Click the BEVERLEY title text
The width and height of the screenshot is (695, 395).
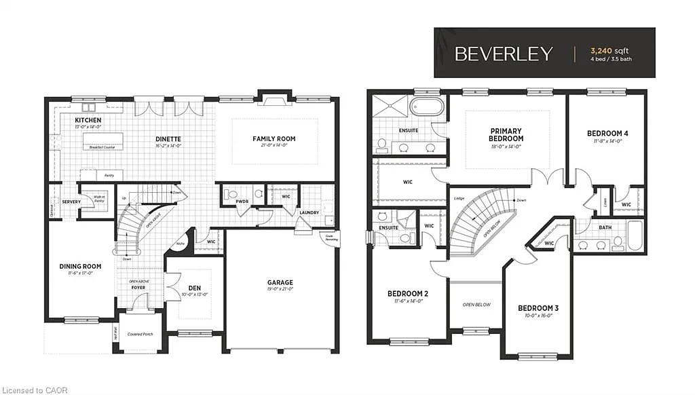pyautogui.click(x=504, y=54)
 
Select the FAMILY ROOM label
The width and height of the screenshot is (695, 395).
pyautogui.click(x=274, y=139)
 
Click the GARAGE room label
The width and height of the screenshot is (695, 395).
pyautogui.click(x=280, y=282)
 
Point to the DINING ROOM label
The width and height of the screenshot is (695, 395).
pyautogui.click(x=79, y=266)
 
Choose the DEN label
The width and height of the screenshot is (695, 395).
pyautogui.click(x=194, y=288)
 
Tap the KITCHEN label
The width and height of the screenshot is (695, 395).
pyautogui.click(x=88, y=120)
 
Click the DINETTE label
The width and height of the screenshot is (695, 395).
pyautogui.click(x=167, y=139)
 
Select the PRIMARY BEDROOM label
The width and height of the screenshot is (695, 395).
pyautogui.click(x=507, y=134)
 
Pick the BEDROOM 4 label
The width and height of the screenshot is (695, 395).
pyautogui.click(x=607, y=133)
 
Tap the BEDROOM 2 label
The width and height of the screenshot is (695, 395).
pyautogui.click(x=407, y=293)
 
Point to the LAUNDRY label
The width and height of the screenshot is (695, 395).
pyautogui.click(x=309, y=212)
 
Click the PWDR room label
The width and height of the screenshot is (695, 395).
pyautogui.click(x=242, y=202)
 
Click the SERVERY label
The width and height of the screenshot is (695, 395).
pyautogui.click(x=71, y=202)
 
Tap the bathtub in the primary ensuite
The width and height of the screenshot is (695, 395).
pyautogui.click(x=428, y=107)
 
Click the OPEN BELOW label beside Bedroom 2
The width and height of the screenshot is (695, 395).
pyautogui.click(x=476, y=305)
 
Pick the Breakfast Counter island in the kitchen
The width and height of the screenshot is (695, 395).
pyautogui.click(x=103, y=141)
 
